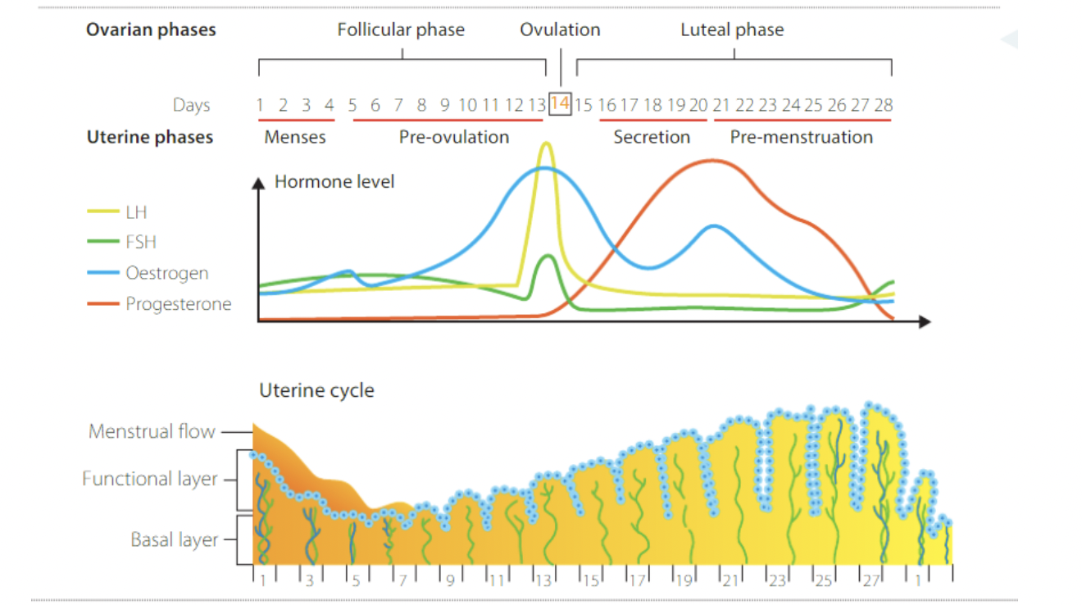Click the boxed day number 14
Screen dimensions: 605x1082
(560, 104)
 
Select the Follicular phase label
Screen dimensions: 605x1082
(401, 30)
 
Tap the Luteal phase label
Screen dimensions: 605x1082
(732, 30)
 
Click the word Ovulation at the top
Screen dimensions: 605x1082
(560, 30)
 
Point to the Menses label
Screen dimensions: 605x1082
(295, 137)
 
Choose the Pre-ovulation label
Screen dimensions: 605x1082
(454, 137)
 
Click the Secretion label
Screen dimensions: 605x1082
(652, 137)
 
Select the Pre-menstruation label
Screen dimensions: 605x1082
(802, 137)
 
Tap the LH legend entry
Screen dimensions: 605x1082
(136, 212)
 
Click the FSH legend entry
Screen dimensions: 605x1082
(140, 243)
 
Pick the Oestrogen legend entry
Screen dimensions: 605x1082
(166, 273)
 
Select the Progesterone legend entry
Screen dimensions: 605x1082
(178, 304)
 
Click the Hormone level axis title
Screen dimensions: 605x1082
(334, 181)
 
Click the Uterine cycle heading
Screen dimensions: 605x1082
(316, 390)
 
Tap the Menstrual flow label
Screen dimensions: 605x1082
(152, 431)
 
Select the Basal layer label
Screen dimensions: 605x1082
(175, 540)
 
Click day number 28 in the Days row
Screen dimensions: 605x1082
(883, 105)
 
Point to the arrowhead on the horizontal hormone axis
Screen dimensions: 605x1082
(925, 321)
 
